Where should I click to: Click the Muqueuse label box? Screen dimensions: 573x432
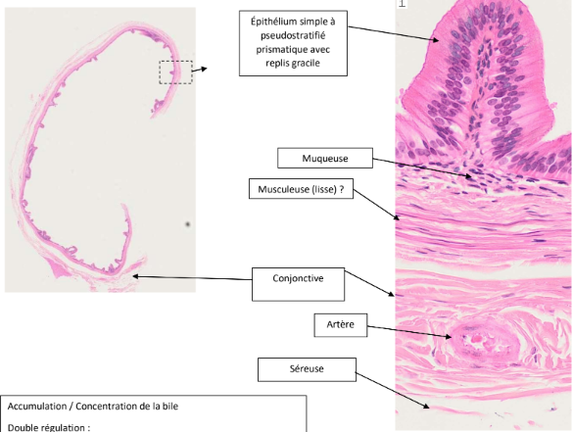[x=325, y=158]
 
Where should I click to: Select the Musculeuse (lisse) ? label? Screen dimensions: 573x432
[x=301, y=189]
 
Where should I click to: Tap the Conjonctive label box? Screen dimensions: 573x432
[x=298, y=284]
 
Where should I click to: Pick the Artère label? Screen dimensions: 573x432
[x=341, y=325]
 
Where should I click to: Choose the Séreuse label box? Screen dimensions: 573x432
[x=307, y=369]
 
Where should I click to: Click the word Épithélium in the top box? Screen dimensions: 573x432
[x=273, y=22]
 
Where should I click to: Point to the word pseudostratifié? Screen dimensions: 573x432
[x=293, y=35]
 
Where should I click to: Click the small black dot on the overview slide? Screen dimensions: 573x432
[x=188, y=224]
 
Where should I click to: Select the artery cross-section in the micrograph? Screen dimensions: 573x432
[x=483, y=343]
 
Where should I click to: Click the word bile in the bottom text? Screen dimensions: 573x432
[x=171, y=407]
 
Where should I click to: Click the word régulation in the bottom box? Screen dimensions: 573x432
[x=63, y=428]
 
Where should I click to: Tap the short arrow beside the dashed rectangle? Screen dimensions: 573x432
[x=200, y=70]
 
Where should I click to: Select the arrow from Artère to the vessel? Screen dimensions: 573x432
[x=409, y=331]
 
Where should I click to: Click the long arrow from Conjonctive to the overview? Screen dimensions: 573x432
[x=192, y=278]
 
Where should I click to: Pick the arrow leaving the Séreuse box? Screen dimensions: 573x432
[x=393, y=390]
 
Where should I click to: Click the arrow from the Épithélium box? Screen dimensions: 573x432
[x=393, y=33]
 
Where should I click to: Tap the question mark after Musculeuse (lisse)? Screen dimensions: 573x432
[x=342, y=189]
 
